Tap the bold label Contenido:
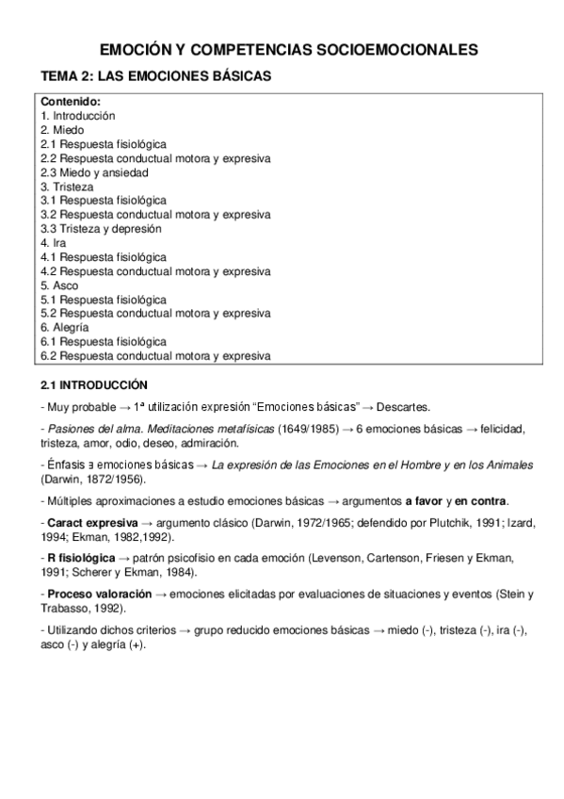(x=71, y=102)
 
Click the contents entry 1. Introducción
(x=78, y=116)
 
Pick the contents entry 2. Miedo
(x=62, y=130)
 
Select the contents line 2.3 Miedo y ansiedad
(x=94, y=172)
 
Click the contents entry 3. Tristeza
(x=67, y=187)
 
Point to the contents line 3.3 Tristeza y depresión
(x=101, y=229)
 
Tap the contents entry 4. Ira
(x=55, y=243)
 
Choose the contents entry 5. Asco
(x=59, y=285)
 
